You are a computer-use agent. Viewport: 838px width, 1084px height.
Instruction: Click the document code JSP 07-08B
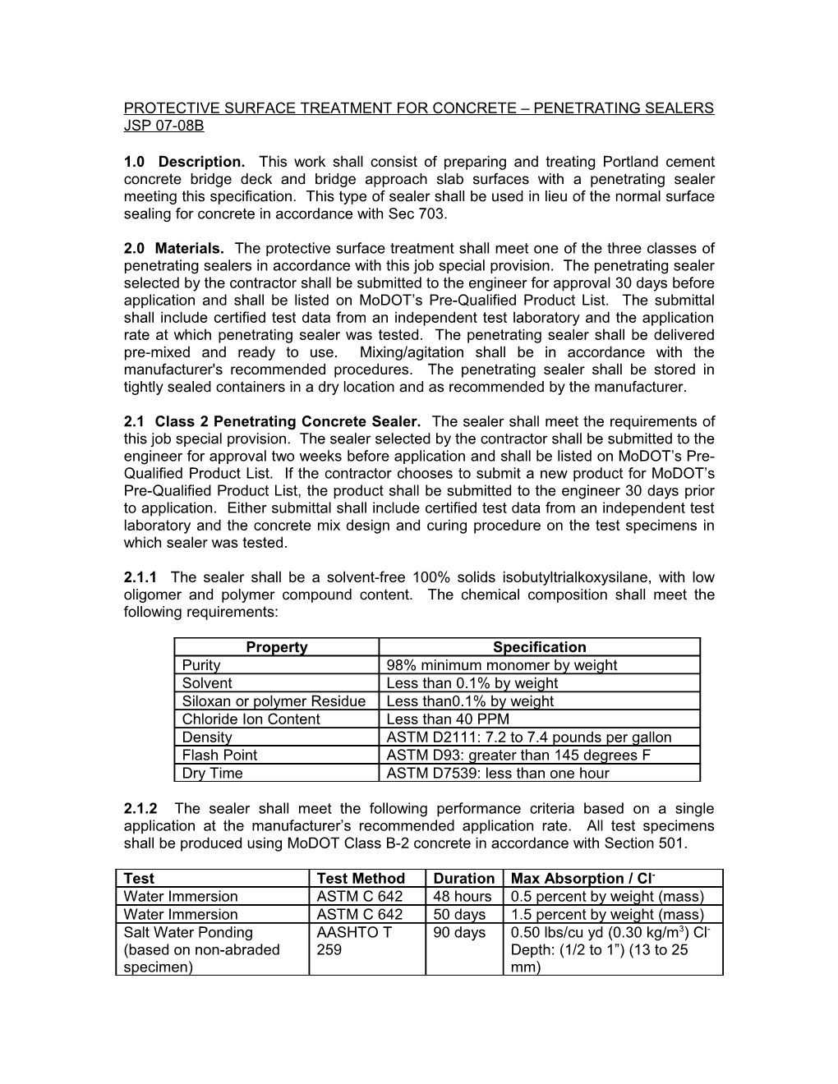pyautogui.click(x=163, y=126)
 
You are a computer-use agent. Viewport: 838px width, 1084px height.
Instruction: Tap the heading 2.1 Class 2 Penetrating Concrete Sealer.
pyautogui.click(x=272, y=421)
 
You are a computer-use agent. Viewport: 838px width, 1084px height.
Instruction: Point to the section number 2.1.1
pyautogui.click(x=141, y=577)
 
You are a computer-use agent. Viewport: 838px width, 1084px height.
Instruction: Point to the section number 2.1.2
pyautogui.click(x=141, y=808)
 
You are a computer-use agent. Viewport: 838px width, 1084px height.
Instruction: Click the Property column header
pyautogui.click(x=276, y=647)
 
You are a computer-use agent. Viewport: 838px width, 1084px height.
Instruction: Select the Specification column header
pyautogui.click(x=539, y=647)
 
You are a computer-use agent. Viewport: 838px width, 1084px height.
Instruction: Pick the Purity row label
pyautogui.click(x=201, y=665)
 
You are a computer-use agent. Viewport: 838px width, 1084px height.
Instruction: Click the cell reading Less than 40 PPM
pyautogui.click(x=447, y=719)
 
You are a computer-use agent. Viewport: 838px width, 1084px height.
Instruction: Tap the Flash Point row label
pyautogui.click(x=219, y=755)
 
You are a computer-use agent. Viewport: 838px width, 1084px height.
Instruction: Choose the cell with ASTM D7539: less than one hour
pyautogui.click(x=497, y=773)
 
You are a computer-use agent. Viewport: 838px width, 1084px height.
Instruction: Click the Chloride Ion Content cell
pyautogui.click(x=251, y=719)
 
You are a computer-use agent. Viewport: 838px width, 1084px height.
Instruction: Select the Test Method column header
pyautogui.click(x=361, y=879)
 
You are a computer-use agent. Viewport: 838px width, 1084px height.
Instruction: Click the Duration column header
pyautogui.click(x=463, y=879)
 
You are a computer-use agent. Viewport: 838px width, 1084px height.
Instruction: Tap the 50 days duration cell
pyautogui.click(x=459, y=915)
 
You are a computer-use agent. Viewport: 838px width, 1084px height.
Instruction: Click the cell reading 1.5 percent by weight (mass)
pyautogui.click(x=607, y=915)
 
